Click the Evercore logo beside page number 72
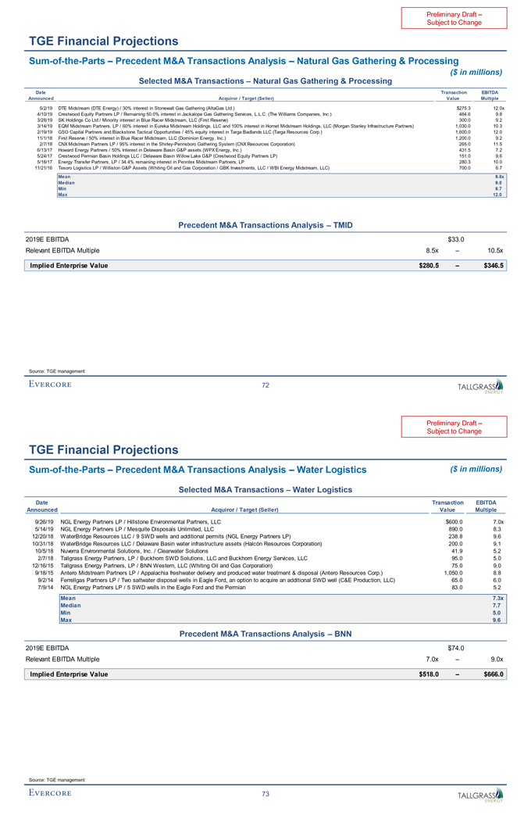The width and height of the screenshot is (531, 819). tap(50, 384)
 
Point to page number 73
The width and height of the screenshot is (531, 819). tap(265, 794)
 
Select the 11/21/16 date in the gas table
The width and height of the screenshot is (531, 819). tap(44, 168)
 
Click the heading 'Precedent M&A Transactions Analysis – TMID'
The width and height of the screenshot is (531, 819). tap(265, 225)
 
